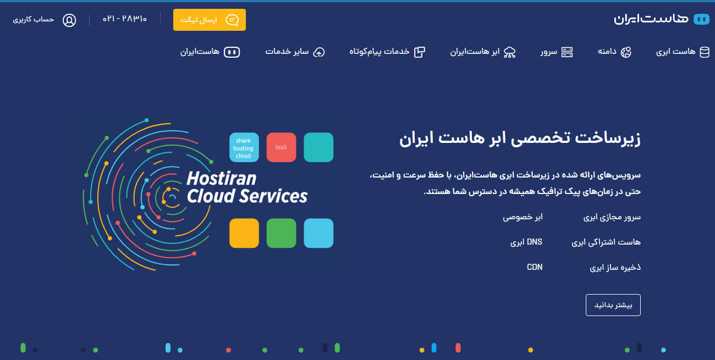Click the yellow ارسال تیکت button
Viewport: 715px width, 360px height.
210,20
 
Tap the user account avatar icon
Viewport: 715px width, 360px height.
69,20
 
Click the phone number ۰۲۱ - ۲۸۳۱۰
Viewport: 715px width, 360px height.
125,19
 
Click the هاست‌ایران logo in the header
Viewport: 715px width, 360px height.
660,19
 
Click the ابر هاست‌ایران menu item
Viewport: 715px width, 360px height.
482,52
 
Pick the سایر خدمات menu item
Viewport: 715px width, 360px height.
295,52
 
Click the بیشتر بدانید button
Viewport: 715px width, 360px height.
613,305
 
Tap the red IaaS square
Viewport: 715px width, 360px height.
281,147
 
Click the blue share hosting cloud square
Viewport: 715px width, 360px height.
244,147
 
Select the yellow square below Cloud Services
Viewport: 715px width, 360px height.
244,233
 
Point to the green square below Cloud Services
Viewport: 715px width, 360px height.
281,233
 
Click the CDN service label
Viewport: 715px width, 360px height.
535,267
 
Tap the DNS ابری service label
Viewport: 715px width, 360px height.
526,242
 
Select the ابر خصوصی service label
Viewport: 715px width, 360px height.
522,217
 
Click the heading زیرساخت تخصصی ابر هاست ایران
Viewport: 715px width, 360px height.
520,138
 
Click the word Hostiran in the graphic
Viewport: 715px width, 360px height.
221,179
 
